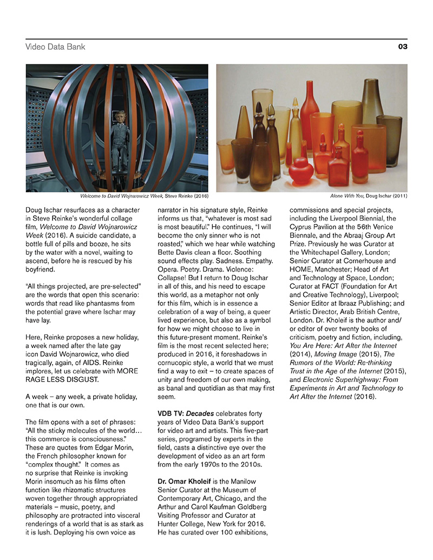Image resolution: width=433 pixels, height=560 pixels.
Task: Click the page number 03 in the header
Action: click(x=402, y=47)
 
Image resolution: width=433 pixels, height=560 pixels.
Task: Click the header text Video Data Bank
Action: click(x=55, y=47)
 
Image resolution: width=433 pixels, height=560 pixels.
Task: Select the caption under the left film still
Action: click(x=144, y=196)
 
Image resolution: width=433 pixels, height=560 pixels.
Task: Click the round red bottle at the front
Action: click(x=301, y=172)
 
